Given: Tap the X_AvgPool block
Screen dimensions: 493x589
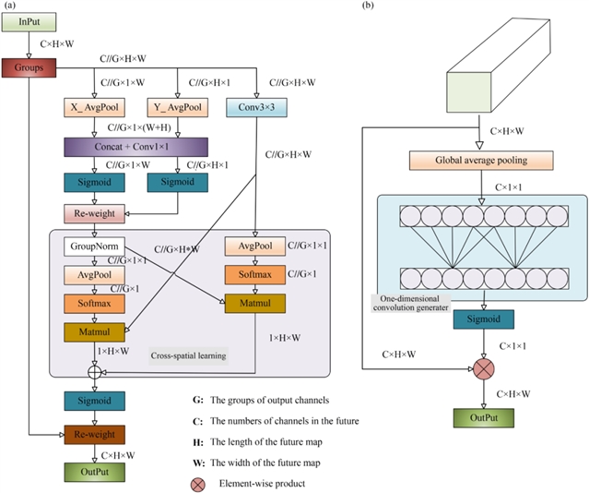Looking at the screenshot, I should click(96, 109).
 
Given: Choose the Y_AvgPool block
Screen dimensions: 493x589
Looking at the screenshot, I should click(178, 109).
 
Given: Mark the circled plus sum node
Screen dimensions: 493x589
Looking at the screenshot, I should click(93, 370).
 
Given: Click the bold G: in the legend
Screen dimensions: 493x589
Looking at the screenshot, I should click(198, 400).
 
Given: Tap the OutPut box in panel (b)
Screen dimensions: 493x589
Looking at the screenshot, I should click(477, 417).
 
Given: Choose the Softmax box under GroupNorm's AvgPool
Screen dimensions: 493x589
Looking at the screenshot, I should click(93, 303).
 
